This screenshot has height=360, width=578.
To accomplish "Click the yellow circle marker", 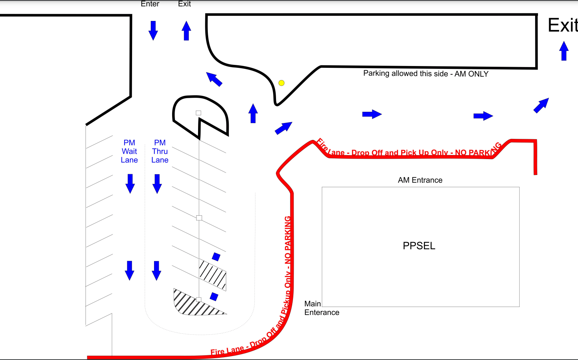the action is [x=281, y=83].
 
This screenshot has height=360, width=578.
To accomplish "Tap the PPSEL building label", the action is [x=419, y=246].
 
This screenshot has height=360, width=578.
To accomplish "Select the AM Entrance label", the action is [x=420, y=180].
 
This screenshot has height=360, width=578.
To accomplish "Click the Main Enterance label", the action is [x=321, y=308].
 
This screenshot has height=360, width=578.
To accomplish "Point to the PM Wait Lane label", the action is [x=129, y=152].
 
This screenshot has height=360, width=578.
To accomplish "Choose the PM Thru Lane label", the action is [x=160, y=152].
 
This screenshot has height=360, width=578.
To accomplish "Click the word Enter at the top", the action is [x=150, y=4].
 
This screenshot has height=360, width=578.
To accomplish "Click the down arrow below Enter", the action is [x=153, y=30].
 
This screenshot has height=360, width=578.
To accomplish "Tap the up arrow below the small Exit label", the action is [x=186, y=31].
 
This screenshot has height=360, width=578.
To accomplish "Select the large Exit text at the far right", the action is [x=562, y=25].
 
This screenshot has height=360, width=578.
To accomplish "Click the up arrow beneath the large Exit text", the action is [x=564, y=51].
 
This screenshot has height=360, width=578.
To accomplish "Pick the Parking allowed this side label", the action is [x=426, y=74].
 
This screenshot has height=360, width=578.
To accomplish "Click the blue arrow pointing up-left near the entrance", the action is [x=214, y=79].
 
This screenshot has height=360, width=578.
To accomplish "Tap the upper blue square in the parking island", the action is [x=216, y=257].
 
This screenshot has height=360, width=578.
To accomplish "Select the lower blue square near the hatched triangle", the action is [x=214, y=297].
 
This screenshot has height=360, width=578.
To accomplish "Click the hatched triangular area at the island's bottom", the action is [x=191, y=305].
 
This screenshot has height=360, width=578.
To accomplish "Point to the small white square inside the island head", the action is [x=198, y=113].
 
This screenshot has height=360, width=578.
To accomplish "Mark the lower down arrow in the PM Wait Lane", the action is [x=130, y=270].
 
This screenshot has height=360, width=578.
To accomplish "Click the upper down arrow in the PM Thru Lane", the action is [x=157, y=184].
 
